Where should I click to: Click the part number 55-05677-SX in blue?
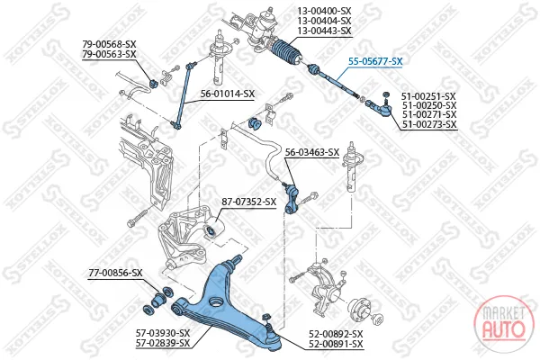(x=375, y=61)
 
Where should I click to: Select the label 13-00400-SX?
(x=324, y=12)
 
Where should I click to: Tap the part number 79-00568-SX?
(x=109, y=44)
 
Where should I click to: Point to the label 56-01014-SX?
(x=228, y=94)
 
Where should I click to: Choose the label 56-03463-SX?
(x=312, y=152)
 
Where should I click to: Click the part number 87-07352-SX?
(x=248, y=202)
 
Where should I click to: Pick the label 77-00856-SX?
(x=115, y=273)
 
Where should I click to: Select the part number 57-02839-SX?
(x=163, y=343)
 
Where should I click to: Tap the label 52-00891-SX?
(x=336, y=344)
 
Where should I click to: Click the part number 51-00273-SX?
(x=429, y=124)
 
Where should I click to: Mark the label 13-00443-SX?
(x=324, y=31)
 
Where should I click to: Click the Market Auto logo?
(x=503, y=324)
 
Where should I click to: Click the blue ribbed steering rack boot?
(x=287, y=53)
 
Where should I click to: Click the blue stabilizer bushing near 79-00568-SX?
(x=153, y=84)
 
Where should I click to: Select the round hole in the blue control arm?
(x=216, y=301)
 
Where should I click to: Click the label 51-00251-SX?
(x=429, y=97)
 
